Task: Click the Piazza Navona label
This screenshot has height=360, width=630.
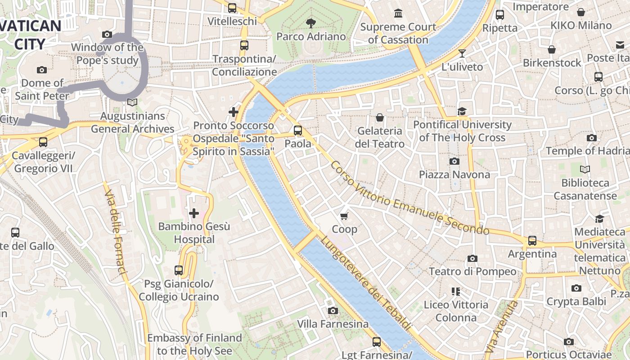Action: tap(454, 175)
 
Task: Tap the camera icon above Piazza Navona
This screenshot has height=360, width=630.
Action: tap(454, 161)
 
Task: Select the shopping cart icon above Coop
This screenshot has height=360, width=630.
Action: tap(344, 216)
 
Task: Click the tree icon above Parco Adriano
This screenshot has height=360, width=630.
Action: tap(310, 23)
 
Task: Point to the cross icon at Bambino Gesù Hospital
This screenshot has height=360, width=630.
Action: tap(194, 213)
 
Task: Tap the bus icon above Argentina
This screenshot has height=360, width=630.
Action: tap(532, 241)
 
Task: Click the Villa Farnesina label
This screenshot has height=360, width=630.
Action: tap(333, 324)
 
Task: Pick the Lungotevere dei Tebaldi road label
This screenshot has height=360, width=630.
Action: tap(365, 283)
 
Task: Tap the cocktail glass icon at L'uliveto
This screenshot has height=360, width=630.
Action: tap(462, 54)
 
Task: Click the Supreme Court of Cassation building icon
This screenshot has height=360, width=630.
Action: tap(398, 13)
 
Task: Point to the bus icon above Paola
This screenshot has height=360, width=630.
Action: tap(298, 130)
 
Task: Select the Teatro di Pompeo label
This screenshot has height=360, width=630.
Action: tap(472, 271)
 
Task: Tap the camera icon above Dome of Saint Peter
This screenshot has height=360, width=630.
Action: tap(42, 70)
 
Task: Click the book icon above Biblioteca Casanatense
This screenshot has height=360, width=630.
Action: tap(585, 170)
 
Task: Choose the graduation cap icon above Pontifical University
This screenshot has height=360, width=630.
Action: tap(462, 111)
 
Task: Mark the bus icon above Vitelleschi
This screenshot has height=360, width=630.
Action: tap(232, 8)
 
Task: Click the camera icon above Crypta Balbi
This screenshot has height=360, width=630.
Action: tap(576, 288)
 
